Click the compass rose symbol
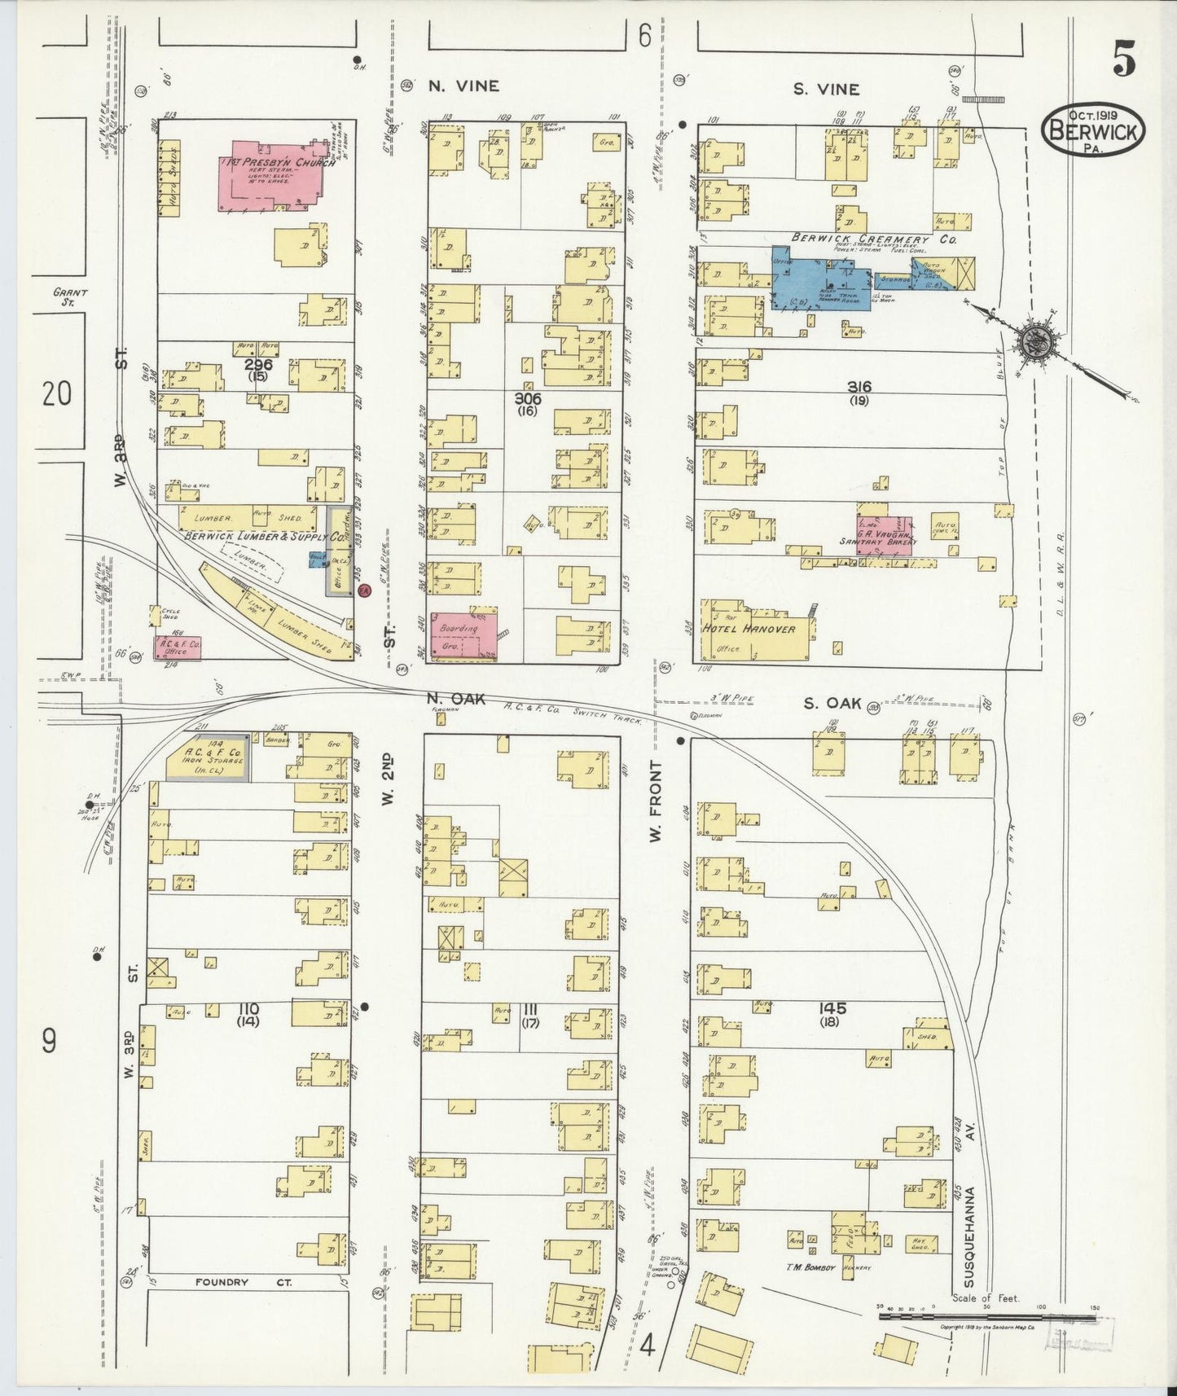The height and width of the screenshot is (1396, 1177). [x=1034, y=338]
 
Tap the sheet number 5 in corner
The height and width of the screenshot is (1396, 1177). [x=1124, y=59]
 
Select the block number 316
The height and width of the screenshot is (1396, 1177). [x=859, y=387]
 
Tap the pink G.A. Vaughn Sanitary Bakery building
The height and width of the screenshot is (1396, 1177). [x=884, y=535]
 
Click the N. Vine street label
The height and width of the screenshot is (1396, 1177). [x=463, y=86]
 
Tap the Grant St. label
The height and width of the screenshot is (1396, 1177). [x=70, y=296]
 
